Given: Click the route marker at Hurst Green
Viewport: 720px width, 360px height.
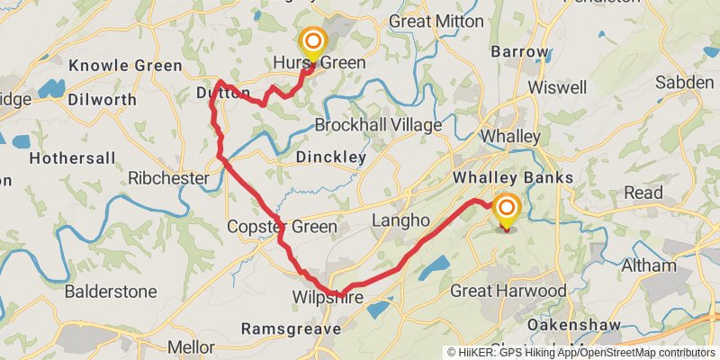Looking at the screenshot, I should click(313, 43).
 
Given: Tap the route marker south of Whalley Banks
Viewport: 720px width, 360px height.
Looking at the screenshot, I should click(507, 210).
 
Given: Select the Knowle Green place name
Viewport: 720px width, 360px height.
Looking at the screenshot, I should click(125, 65).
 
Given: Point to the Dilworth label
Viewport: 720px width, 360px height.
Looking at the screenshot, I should click(102, 99).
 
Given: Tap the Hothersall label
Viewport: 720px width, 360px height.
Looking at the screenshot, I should click(73, 158).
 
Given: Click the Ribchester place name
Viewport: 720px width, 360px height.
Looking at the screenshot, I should click(168, 178).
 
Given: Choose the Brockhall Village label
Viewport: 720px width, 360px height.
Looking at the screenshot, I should click(378, 125).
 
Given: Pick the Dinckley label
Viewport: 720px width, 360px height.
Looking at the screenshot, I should click(331, 157).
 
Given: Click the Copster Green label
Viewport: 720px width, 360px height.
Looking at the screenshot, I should click(282, 227).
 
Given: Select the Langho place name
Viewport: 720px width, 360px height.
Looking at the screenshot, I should click(397, 220).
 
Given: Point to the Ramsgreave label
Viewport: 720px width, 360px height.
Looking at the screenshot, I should click(291, 329).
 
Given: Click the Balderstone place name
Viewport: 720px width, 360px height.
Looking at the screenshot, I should click(111, 292).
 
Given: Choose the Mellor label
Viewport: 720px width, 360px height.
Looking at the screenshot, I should click(190, 346).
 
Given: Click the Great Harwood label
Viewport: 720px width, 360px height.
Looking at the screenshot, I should click(508, 291).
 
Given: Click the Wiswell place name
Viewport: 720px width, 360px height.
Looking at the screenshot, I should click(558, 87).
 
